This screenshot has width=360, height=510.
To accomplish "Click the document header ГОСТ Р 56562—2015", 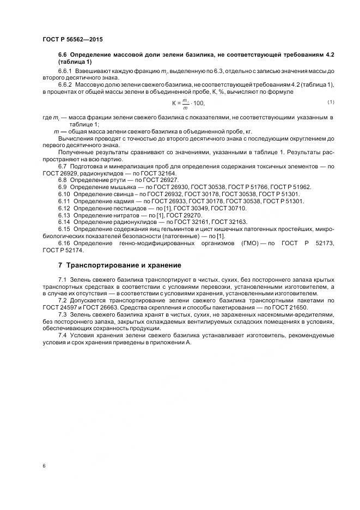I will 72,40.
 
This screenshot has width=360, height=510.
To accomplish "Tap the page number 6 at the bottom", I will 44,465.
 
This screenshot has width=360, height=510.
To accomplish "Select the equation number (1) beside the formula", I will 330,102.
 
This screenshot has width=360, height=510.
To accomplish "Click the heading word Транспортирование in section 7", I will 103,265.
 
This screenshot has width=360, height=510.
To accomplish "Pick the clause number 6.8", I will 63,180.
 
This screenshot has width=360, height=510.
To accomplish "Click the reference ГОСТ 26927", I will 162,180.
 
